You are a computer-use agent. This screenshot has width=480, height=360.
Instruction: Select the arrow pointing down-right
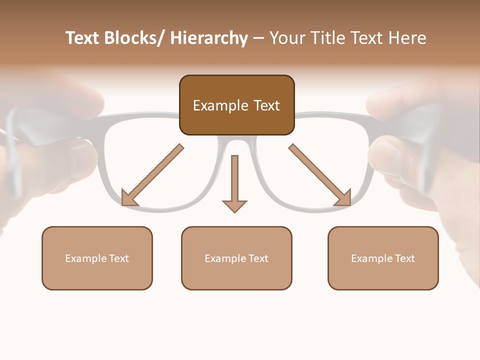tap(320, 175)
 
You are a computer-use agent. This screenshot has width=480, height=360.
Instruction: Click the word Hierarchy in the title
tap(209, 38)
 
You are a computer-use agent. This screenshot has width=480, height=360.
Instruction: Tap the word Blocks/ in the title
tap(132, 38)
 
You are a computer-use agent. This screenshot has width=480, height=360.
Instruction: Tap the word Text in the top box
tap(266, 105)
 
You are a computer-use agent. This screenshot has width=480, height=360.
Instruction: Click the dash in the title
tap(258, 38)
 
